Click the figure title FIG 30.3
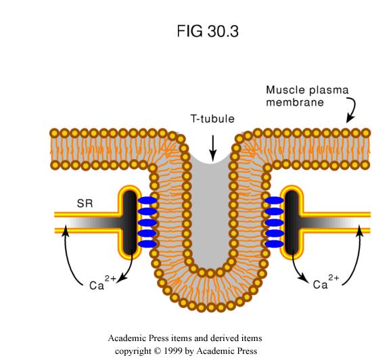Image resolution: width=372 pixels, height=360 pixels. [x=208, y=31]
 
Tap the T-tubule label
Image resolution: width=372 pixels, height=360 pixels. [x=212, y=118]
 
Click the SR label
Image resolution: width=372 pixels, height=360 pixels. [x=85, y=204]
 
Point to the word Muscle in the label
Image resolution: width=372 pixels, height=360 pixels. [x=285, y=90]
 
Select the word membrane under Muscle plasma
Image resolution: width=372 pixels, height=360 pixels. [x=295, y=102]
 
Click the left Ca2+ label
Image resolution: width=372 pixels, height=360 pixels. [x=103, y=282]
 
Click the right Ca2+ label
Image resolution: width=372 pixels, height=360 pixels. [x=326, y=282]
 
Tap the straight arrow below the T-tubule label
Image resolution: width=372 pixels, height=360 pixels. [x=213, y=148]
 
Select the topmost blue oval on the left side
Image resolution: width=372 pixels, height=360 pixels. [x=147, y=200]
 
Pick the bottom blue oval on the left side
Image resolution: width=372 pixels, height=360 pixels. [x=147, y=244]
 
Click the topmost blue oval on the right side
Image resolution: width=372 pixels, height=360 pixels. [x=274, y=200]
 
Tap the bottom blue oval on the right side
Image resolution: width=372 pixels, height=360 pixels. [x=274, y=244]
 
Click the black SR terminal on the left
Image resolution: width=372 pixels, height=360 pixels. [x=130, y=223]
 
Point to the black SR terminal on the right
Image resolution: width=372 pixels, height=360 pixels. [x=292, y=223]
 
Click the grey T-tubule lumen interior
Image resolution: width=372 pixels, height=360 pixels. [x=210, y=214]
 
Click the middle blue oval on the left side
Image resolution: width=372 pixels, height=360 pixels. [x=147, y=223]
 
